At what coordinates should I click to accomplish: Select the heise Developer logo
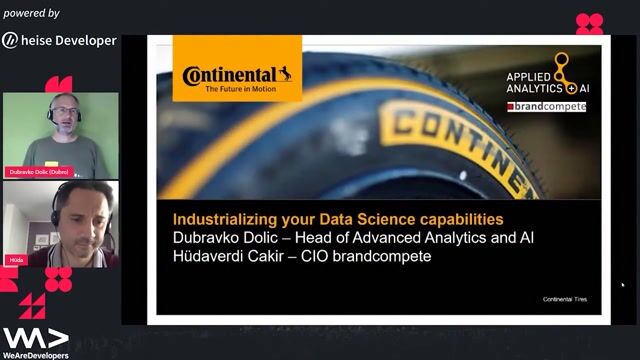click(59, 40)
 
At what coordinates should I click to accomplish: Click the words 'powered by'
click(32, 13)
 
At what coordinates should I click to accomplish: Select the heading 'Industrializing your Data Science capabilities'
click(338, 218)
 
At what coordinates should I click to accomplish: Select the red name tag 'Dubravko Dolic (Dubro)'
click(40, 172)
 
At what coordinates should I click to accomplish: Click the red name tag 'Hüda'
click(17, 257)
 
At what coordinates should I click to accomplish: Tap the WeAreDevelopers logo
click(36, 343)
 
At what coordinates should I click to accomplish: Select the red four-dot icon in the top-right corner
click(589, 23)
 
